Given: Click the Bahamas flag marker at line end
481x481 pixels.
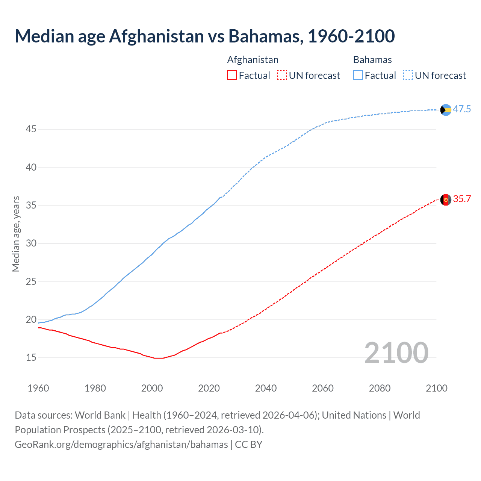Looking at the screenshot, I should [x=446, y=110].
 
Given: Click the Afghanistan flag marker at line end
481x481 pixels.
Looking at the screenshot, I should [x=446, y=200].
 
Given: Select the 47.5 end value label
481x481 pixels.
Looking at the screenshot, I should [x=462, y=109].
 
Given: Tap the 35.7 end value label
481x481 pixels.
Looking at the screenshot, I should [x=462, y=199].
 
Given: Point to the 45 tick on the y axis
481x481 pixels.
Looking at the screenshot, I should [x=31, y=129].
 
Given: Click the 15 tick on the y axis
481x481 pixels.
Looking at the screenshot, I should [x=31, y=358].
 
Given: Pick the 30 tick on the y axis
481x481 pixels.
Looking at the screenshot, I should [x=31, y=244].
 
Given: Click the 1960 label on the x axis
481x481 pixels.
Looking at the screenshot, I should [x=38, y=388].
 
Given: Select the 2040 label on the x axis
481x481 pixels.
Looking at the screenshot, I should [x=266, y=388].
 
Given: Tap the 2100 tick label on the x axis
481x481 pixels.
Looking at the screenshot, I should [x=437, y=388].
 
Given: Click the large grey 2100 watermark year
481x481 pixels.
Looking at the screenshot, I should [x=396, y=353].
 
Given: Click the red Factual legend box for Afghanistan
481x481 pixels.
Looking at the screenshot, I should [x=232, y=76].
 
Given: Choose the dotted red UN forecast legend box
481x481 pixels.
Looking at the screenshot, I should [x=282, y=76].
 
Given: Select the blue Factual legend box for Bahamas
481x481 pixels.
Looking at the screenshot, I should [x=358, y=76].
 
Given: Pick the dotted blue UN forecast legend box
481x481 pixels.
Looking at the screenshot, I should [x=408, y=76].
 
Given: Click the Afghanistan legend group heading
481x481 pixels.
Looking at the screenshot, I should [x=253, y=60].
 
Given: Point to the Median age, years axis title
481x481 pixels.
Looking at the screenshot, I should [x=16, y=234].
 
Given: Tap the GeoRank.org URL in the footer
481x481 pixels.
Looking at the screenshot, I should [x=121, y=445].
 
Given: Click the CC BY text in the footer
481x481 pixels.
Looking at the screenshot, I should [x=248, y=445].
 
